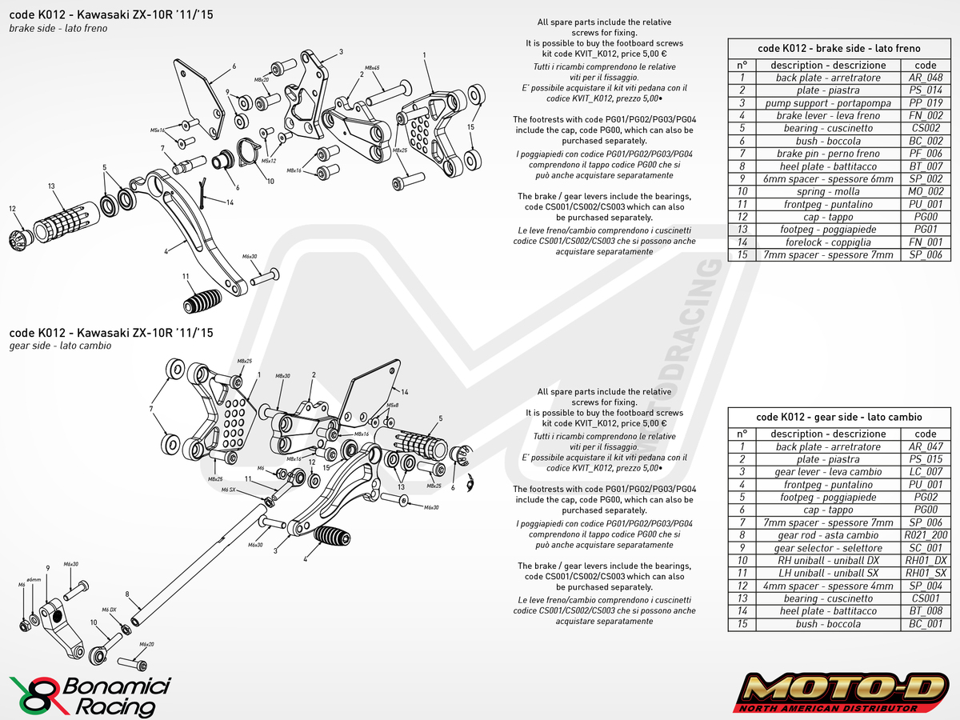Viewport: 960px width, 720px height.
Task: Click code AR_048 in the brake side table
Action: (x=925, y=78)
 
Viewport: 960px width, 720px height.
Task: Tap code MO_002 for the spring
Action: (x=925, y=192)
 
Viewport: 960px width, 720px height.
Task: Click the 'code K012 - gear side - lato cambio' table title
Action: (x=838, y=417)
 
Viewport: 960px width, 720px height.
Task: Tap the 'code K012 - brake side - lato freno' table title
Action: (x=838, y=48)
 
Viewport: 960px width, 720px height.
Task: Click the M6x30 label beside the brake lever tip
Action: (x=250, y=257)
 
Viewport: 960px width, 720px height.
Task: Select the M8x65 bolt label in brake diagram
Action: (x=372, y=69)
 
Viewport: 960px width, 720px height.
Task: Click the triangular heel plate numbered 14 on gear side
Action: (x=370, y=390)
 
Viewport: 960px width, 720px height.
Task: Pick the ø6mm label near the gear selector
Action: (x=34, y=579)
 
